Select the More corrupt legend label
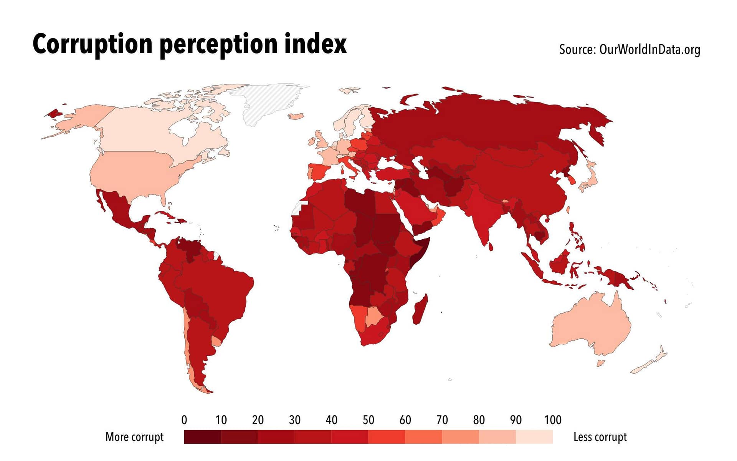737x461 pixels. tap(134, 437)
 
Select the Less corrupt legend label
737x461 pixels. tap(600, 437)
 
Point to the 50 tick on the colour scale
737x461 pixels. tap(368, 420)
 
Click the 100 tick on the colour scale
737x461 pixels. tap(553, 420)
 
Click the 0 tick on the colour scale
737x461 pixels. tap(184, 420)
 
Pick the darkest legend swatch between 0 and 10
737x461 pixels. tap(203, 437)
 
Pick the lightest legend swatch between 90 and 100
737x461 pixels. tap(534, 437)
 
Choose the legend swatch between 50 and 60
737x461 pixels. tap(387, 437)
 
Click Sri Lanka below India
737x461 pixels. tap(491, 246)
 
